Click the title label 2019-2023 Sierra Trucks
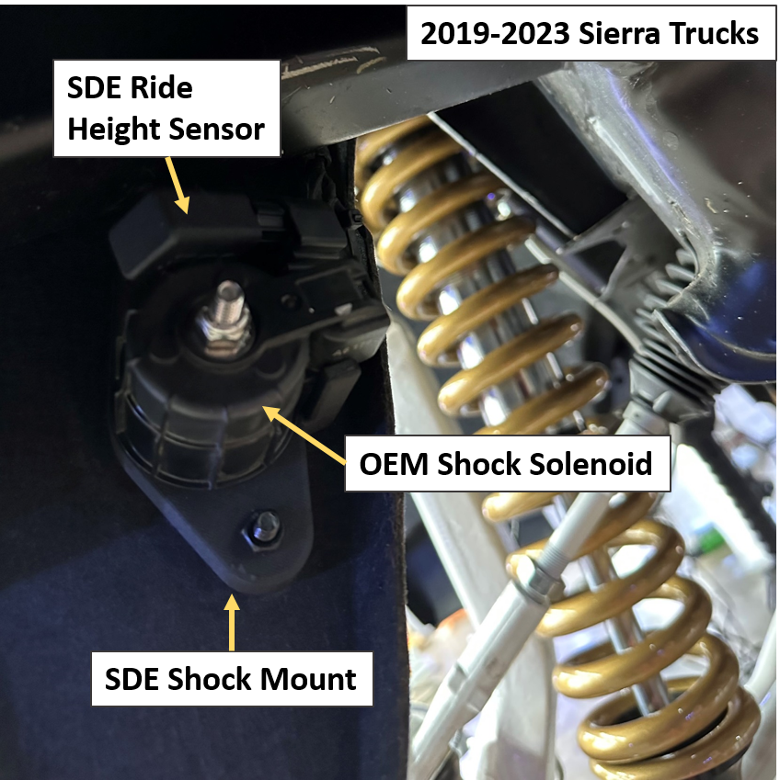pyautogui.click(x=590, y=33)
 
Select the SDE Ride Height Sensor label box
pyautogui.click(x=166, y=108)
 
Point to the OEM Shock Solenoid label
pyautogui.click(x=506, y=464)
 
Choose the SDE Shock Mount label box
pyautogui.click(x=230, y=679)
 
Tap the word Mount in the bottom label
pyautogui.click(x=312, y=679)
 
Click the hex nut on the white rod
pyautogui.click(x=526, y=578)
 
